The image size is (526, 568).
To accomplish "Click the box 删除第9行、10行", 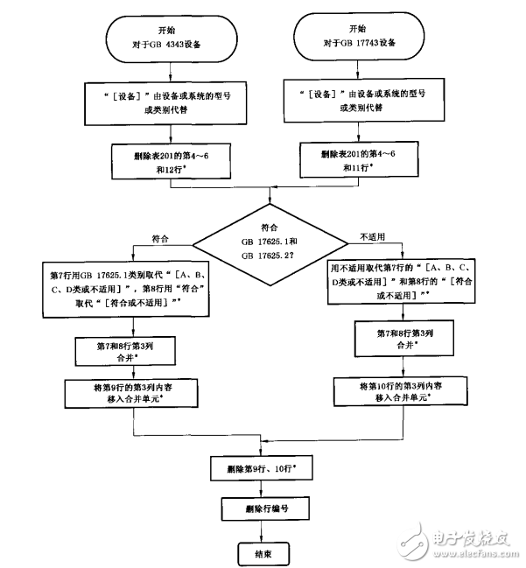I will [x=260, y=469].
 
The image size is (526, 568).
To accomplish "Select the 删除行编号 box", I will [x=260, y=509].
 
